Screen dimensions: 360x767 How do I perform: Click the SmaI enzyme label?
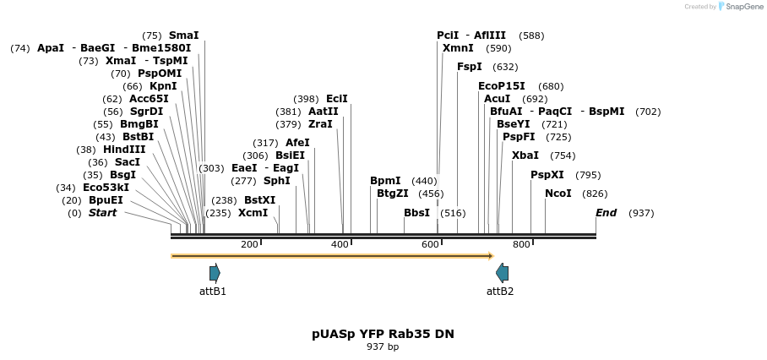(x=183, y=35)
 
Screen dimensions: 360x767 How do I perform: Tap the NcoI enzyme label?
(x=558, y=194)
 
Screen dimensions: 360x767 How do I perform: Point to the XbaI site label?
(x=525, y=155)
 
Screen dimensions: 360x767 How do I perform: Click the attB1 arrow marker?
(x=215, y=272)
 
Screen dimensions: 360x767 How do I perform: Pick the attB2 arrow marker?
(x=502, y=272)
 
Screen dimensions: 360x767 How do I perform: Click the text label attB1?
(x=213, y=292)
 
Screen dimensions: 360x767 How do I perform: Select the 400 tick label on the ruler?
(x=340, y=245)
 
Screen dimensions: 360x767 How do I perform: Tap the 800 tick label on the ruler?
(x=521, y=245)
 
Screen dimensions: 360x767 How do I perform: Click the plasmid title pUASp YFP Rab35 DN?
(x=383, y=334)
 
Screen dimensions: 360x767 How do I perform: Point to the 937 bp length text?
(x=383, y=347)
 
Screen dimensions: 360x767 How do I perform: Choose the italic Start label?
(x=102, y=213)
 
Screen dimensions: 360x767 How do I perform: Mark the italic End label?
(x=606, y=213)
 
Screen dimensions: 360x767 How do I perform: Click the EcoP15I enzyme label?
(x=501, y=86)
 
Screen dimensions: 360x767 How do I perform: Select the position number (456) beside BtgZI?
(x=430, y=194)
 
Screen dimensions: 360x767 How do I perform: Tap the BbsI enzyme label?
(x=416, y=213)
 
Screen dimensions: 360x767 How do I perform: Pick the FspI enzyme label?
(x=469, y=67)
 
